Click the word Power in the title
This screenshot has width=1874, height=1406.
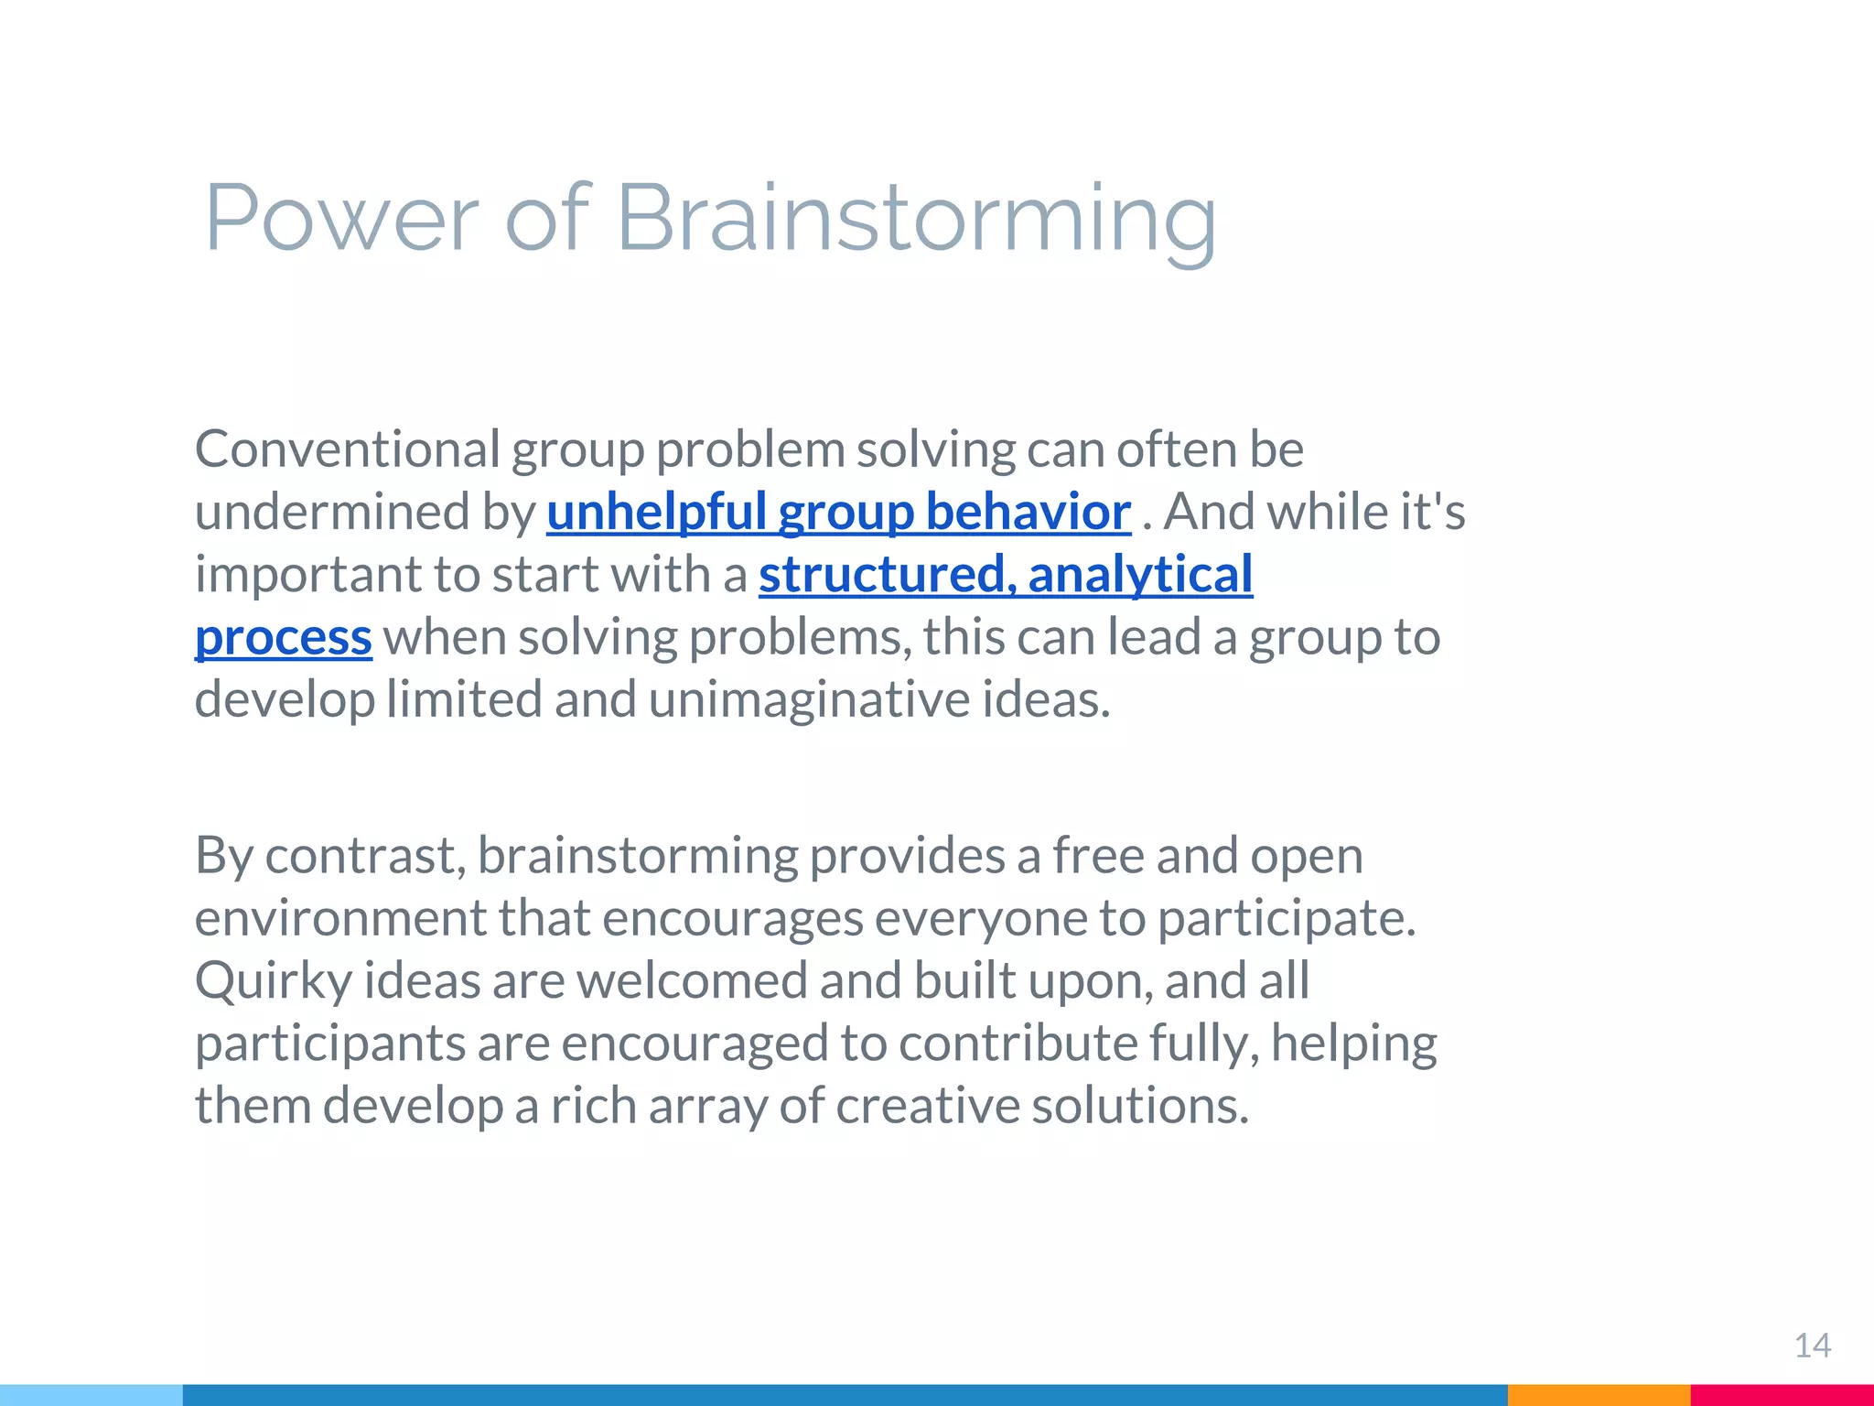pos(340,218)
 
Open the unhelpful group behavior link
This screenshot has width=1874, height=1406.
pos(838,512)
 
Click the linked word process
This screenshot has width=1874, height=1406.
pos(284,637)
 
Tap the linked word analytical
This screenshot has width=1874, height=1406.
pos(1140,574)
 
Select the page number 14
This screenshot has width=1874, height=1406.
pos(1812,1346)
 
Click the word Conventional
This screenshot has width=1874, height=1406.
pos(348,449)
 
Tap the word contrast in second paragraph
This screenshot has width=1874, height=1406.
pos(366,856)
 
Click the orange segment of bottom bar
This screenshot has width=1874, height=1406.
pos(1598,1395)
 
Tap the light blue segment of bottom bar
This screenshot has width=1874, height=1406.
pos(92,1395)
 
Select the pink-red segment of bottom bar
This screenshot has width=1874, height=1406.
pos(1781,1395)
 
